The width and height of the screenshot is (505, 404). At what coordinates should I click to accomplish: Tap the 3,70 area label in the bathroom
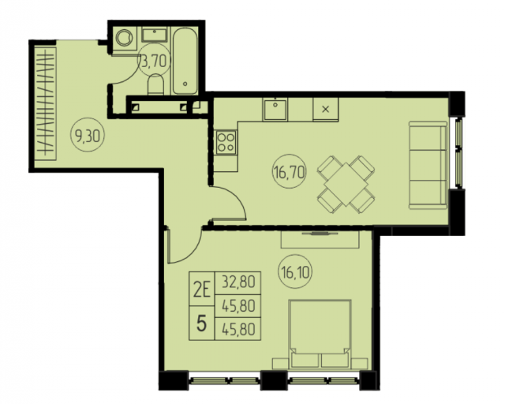(155, 61)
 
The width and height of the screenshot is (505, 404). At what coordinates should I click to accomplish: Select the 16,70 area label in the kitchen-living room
(289, 173)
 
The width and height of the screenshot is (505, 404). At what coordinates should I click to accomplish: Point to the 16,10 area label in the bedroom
(294, 272)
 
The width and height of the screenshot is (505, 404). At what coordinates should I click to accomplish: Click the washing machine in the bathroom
(125, 38)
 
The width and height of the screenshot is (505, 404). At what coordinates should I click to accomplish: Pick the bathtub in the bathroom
(185, 61)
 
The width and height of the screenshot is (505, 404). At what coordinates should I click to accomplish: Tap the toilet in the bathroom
(156, 84)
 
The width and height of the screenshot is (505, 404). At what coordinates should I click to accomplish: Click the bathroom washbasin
(155, 35)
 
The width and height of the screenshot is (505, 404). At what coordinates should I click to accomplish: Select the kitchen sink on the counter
(275, 109)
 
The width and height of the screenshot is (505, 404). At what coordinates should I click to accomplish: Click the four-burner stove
(226, 142)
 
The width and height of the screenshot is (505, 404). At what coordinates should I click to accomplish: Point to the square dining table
(346, 185)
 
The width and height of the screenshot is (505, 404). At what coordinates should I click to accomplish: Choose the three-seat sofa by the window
(428, 165)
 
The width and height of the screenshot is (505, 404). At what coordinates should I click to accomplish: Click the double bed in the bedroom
(320, 335)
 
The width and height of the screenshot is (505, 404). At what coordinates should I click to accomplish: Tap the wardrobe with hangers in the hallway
(45, 103)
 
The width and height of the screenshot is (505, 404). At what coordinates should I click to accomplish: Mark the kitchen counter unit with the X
(326, 109)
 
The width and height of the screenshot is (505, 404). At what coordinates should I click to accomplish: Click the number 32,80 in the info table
(238, 282)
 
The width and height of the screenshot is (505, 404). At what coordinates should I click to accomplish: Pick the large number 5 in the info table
(201, 324)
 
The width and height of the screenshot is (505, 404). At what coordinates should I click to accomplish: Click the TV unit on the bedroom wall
(320, 239)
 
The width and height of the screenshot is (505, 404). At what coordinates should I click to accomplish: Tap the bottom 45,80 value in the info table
(238, 329)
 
